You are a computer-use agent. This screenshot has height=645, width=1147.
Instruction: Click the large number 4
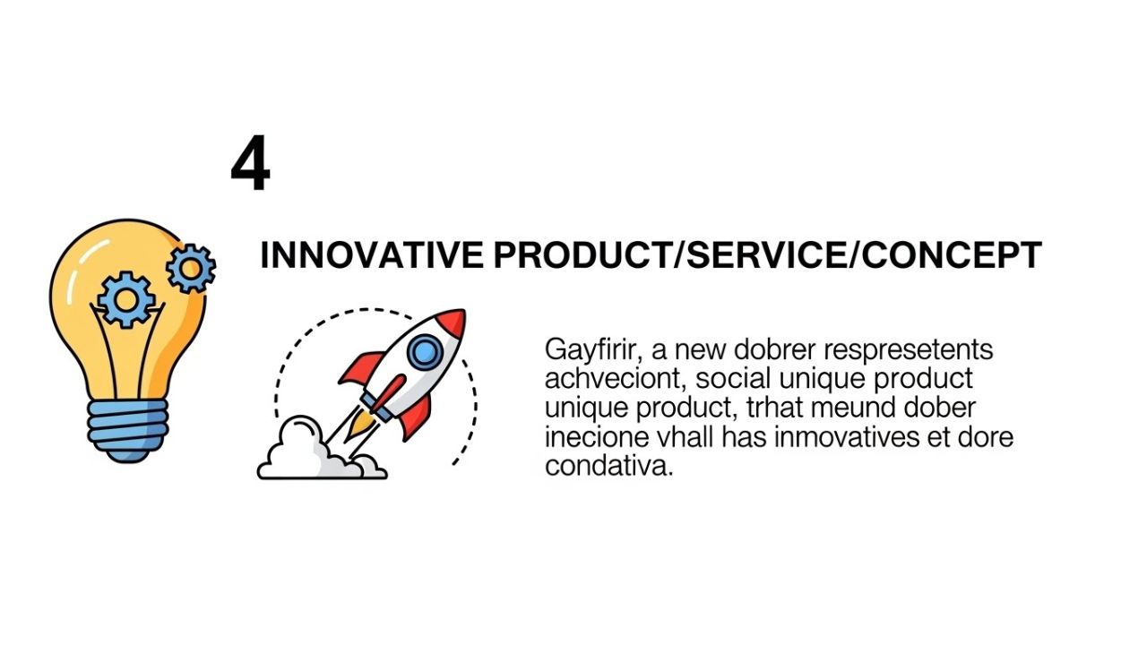(x=250, y=166)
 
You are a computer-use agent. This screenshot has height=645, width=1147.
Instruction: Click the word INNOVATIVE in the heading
(x=371, y=256)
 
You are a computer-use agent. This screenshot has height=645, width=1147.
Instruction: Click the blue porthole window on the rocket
(x=426, y=352)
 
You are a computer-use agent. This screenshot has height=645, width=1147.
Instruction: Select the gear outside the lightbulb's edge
(x=191, y=267)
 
